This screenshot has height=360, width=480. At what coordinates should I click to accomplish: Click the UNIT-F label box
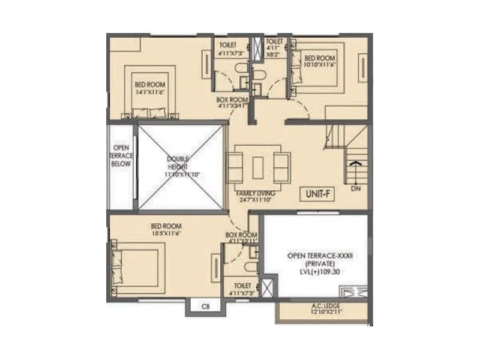pyautogui.click(x=317, y=193)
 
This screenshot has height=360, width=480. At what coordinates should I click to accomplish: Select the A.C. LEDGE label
pyautogui.click(x=324, y=306)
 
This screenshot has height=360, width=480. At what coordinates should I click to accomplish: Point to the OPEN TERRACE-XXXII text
pyautogui.click(x=319, y=255)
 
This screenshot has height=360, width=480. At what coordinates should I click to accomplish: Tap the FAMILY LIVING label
pyautogui.click(x=257, y=193)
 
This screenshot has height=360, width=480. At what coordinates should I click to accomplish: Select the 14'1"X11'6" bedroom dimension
pyautogui.click(x=149, y=92)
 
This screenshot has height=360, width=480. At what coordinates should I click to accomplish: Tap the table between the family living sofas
pyautogui.click(x=257, y=167)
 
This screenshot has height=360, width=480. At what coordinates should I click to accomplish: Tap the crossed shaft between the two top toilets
pyautogui.click(x=257, y=47)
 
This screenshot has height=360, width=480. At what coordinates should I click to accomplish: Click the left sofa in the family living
pyautogui.click(x=234, y=167)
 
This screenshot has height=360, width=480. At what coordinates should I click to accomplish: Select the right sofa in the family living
pyautogui.click(x=281, y=167)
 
